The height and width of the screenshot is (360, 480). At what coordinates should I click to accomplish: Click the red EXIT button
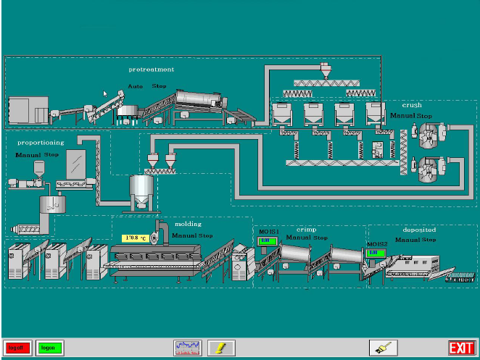[461, 348]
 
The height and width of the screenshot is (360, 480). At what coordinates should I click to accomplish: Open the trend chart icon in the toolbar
[187, 348]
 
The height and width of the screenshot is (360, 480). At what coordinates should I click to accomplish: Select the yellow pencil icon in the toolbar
[221, 348]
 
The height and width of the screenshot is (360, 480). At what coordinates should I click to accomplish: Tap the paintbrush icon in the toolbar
[383, 348]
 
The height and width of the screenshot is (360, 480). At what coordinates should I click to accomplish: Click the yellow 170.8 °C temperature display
[135, 238]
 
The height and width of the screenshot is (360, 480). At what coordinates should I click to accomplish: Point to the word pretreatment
[151, 70]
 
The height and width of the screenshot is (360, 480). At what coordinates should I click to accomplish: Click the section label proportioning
[40, 143]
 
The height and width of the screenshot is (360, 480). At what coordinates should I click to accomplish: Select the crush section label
[412, 106]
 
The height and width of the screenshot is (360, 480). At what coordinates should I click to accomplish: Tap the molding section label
[189, 225]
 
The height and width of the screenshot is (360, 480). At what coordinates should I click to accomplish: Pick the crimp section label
[306, 229]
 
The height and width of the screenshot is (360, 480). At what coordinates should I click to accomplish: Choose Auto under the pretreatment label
[135, 86]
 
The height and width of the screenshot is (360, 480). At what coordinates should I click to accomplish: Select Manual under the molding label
[184, 235]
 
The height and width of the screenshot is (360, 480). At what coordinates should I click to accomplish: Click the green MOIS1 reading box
[267, 241]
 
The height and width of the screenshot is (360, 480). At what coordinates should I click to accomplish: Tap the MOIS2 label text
[376, 244]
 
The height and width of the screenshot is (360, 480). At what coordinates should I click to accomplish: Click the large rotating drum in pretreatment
[200, 101]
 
